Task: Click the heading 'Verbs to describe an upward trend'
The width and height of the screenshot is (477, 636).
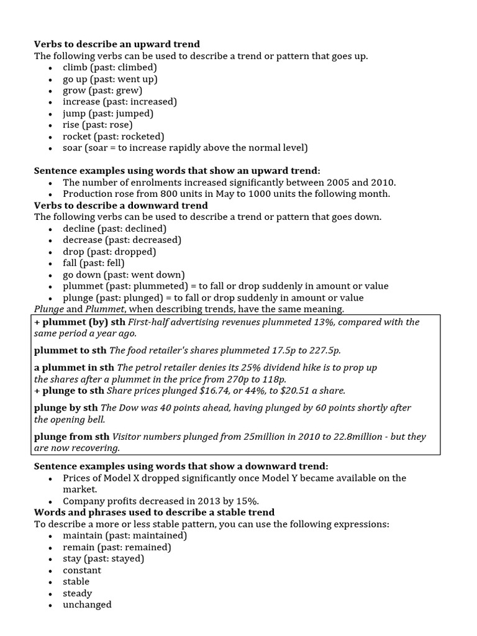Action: click(x=117, y=44)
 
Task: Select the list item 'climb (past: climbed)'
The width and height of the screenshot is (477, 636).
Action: click(x=110, y=67)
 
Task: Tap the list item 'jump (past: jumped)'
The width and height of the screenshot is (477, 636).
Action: click(x=108, y=113)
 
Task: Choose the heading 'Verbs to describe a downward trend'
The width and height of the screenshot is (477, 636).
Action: click(x=121, y=205)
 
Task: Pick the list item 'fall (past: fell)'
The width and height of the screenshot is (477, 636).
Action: click(x=94, y=263)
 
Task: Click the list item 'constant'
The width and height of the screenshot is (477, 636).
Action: click(x=82, y=570)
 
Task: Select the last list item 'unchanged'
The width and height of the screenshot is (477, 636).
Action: click(x=87, y=604)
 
